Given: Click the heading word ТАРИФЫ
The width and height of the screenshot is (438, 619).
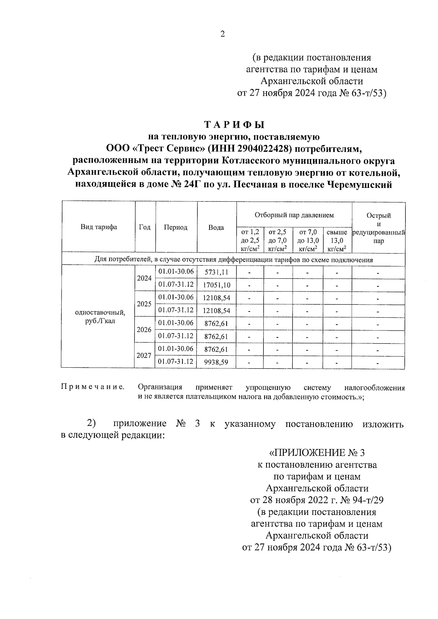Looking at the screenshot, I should (234, 125).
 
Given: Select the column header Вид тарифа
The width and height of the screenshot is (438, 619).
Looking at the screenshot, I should (99, 227).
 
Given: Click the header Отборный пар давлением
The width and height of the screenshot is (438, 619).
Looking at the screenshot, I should (294, 215).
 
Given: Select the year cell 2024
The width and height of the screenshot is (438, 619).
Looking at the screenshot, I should (144, 278).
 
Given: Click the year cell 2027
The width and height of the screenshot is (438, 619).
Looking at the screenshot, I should (144, 355).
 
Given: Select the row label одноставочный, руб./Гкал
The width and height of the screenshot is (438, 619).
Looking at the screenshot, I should (100, 317).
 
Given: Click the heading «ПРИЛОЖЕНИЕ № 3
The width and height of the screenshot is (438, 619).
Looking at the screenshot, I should (316, 453).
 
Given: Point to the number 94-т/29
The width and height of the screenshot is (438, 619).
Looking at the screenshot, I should (365, 500).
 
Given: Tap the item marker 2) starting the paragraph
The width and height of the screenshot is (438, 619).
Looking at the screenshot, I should (91, 423).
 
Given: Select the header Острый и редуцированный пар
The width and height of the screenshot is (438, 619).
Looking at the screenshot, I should (379, 228).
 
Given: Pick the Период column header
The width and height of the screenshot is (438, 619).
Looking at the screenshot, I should (176, 227).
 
